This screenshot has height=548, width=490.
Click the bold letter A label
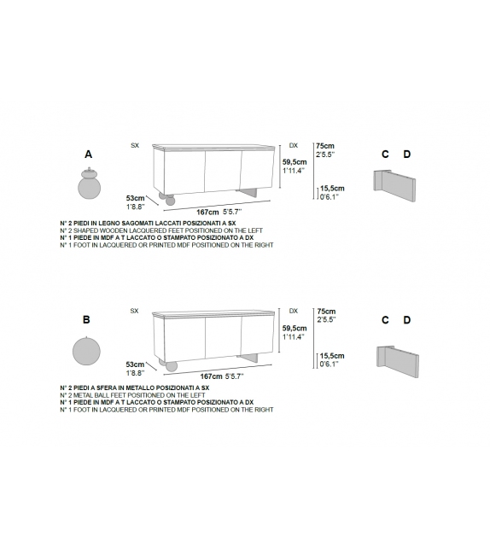pyautogui.click(x=88, y=154)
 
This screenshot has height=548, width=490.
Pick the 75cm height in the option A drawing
pyautogui.click(x=324, y=146)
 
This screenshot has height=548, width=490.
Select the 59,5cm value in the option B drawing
pyautogui.click(x=295, y=328)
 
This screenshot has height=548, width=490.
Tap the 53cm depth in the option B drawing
pyautogui.click(x=135, y=364)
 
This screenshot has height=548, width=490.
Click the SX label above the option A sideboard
pyautogui.click(x=135, y=146)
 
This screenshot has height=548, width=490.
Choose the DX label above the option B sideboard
pyautogui.click(x=294, y=312)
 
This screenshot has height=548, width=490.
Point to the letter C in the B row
pyautogui.click(x=385, y=320)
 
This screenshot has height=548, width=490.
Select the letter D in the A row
pyautogui.click(x=406, y=154)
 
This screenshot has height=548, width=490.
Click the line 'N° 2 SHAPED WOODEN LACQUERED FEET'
pyautogui.click(x=166, y=230)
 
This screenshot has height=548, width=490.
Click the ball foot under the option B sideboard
pyautogui.click(x=171, y=366)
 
